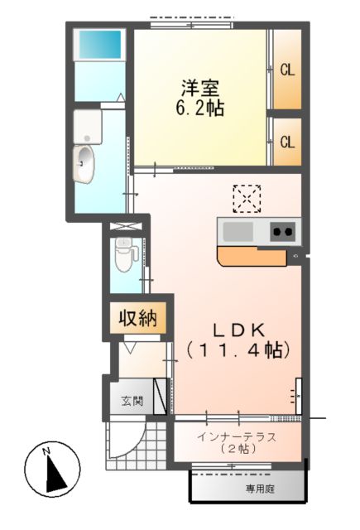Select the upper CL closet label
[x=287, y=70]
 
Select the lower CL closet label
[x=287, y=142]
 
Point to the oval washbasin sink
[x=84, y=163]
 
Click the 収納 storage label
[x=137, y=319]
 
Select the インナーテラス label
[x=237, y=436]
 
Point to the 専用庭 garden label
[x=260, y=489]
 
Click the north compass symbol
[x=55, y=472]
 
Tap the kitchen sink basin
[x=238, y=230]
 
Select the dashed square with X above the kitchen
[x=247, y=198]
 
